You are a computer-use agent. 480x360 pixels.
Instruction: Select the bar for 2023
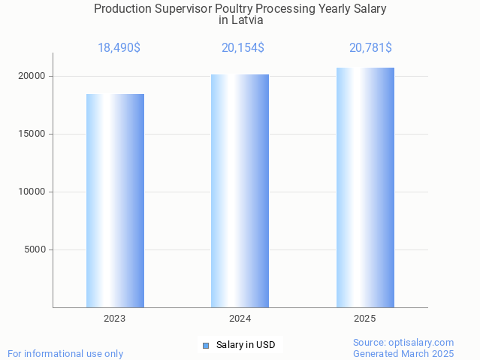[x=115, y=201]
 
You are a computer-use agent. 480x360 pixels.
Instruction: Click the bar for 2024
[x=240, y=191]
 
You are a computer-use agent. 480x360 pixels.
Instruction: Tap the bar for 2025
[x=365, y=187]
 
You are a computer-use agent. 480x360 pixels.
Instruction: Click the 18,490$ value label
[x=119, y=48]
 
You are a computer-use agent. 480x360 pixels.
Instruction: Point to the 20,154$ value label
[x=243, y=48]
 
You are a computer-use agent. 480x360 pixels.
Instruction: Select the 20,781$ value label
[x=370, y=48]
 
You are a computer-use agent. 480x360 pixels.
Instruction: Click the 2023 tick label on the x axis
[x=115, y=319]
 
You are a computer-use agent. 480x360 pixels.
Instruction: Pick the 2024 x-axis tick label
[x=240, y=319]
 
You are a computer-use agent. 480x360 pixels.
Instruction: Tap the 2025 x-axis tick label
[x=365, y=319]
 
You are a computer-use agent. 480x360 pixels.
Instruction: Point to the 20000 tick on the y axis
[x=32, y=77]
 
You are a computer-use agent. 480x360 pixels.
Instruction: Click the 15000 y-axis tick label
[x=32, y=134]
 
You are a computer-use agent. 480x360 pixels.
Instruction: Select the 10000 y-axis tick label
[x=32, y=192]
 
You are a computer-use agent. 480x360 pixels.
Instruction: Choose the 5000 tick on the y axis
[x=35, y=250]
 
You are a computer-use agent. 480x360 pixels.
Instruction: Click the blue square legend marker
[x=206, y=346]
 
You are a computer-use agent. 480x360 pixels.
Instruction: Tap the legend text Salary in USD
[x=246, y=346]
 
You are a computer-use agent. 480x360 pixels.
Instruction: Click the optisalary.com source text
[x=403, y=343]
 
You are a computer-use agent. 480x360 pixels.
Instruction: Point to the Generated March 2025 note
[x=403, y=354]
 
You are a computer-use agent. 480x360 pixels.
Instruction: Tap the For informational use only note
[x=65, y=354]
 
